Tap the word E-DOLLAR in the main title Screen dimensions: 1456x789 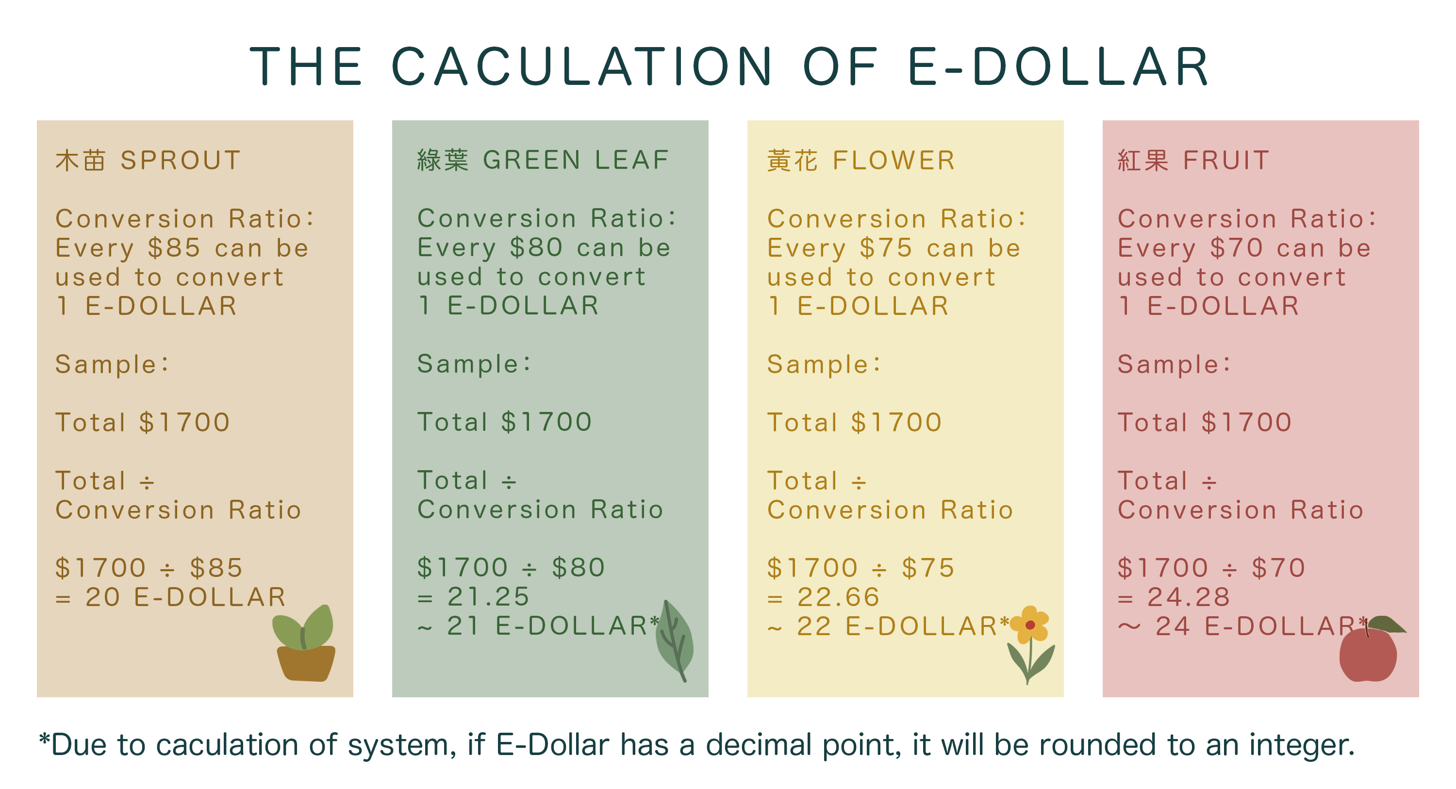tap(1059, 66)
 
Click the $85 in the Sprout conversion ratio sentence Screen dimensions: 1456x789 tap(174, 247)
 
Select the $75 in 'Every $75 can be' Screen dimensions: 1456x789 tap(886, 247)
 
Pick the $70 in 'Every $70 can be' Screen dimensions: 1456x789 tap(1236, 247)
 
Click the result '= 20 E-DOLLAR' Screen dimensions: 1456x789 tap(171, 597)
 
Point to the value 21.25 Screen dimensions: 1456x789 tap(488, 596)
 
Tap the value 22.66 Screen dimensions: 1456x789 tap(838, 597)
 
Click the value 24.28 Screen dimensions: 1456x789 tap(1189, 597)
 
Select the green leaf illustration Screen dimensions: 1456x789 tap(674, 641)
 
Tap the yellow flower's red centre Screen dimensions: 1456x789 tap(1030, 625)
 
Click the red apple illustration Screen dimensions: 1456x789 tap(1370, 650)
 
